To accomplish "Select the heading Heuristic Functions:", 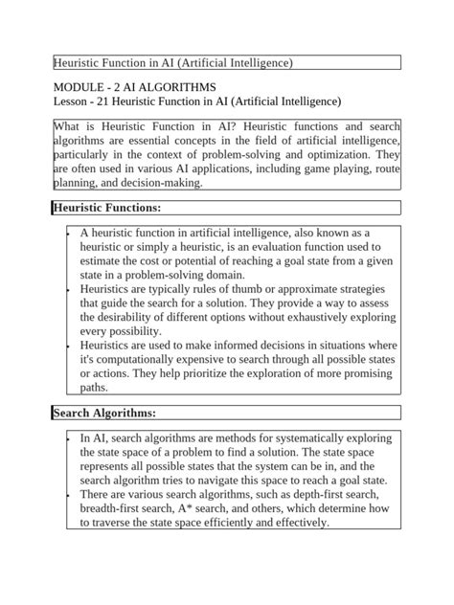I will click(106, 208).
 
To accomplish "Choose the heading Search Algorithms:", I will click(104, 413).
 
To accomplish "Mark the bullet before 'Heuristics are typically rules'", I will click(69, 288).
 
